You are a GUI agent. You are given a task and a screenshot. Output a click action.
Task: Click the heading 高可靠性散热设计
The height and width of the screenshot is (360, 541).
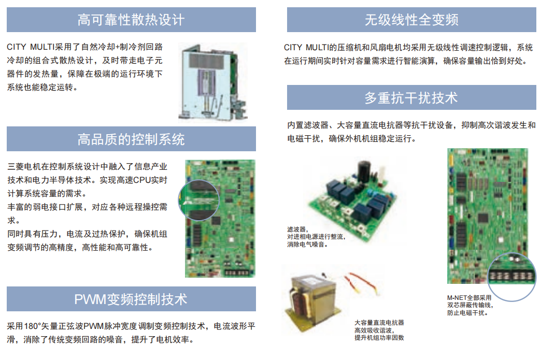(131, 20)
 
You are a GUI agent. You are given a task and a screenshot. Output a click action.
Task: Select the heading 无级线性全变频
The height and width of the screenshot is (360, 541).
(411, 20)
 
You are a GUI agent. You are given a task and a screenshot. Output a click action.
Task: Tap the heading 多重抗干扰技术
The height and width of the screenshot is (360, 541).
(411, 97)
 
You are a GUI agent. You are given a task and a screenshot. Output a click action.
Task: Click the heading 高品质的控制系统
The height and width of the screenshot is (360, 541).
(131, 139)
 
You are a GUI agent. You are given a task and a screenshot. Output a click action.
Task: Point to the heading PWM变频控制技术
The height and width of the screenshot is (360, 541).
(131, 299)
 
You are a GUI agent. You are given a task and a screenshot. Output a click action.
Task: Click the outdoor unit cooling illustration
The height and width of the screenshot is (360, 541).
(213, 83)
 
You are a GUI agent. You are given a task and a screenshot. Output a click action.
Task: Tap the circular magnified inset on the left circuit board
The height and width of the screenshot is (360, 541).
(199, 200)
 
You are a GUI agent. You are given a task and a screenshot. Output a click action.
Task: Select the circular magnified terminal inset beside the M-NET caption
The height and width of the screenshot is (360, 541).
(511, 277)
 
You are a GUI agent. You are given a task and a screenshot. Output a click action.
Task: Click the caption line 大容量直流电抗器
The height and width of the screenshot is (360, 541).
(379, 322)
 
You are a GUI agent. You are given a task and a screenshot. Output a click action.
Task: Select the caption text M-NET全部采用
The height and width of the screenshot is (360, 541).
(469, 297)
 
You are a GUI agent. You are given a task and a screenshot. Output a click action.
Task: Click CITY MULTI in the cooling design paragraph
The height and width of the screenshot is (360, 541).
(31, 47)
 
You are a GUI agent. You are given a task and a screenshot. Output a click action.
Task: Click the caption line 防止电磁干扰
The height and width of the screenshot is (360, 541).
(467, 313)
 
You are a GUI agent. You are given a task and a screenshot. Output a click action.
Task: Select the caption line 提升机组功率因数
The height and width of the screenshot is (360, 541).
(379, 338)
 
